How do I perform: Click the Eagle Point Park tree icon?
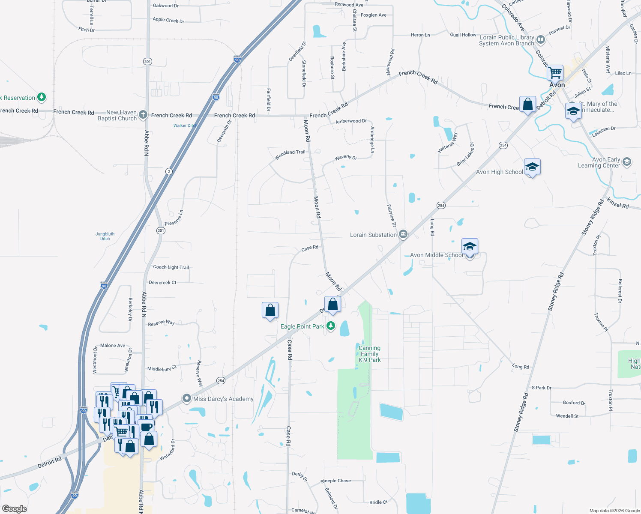tap(331, 326)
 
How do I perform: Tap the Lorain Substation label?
tap(373, 235)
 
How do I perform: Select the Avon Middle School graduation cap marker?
tap(470, 247)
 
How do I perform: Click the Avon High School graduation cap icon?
tap(532, 167)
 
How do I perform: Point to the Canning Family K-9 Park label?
tap(369, 354)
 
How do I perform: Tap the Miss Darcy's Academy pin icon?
tap(186, 398)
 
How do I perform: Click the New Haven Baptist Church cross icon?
tap(143, 114)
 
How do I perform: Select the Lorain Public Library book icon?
tap(541, 40)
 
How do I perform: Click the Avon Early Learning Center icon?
tap(627, 161)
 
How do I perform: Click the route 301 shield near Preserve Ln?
tap(161, 230)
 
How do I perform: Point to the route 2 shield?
tap(169, 171)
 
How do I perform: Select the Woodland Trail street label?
tap(290, 155)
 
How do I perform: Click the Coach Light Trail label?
tap(171, 267)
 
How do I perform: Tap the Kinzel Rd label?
tap(617, 203)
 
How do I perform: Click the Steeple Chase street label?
tap(335, 481)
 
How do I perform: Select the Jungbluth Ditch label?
tap(105, 236)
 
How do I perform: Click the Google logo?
tap(15, 509)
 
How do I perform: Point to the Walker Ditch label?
tap(185, 126)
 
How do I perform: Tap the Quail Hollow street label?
tap(463, 35)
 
